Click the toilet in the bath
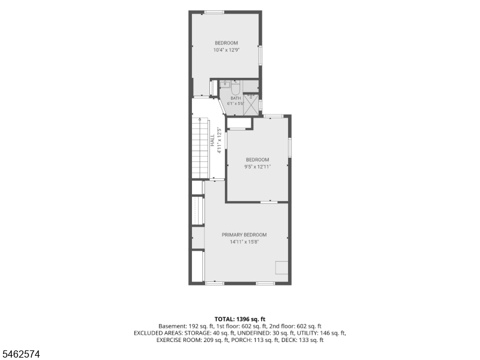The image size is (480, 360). tap(235, 88)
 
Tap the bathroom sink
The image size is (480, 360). tap(226, 84)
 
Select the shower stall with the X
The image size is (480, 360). tap(251, 105)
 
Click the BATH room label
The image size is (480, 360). tap(236, 98)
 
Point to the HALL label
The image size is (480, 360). tap(212, 140)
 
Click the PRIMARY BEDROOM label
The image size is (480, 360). tap(244, 235)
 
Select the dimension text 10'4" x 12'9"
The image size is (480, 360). tap(226, 50)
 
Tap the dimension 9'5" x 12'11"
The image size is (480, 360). tap(257, 167)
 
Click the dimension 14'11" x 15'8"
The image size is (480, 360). tap(244, 242)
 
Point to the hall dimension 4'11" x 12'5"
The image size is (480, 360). tap(219, 140)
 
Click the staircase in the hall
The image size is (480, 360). tap(200, 148)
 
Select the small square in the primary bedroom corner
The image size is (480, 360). tap(281, 268)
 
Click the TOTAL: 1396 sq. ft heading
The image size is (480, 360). tap(239, 319)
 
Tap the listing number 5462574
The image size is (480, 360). tap(20, 354)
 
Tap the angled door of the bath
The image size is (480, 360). tap(221, 107)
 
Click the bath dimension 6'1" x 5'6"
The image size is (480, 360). tap(236, 103)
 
